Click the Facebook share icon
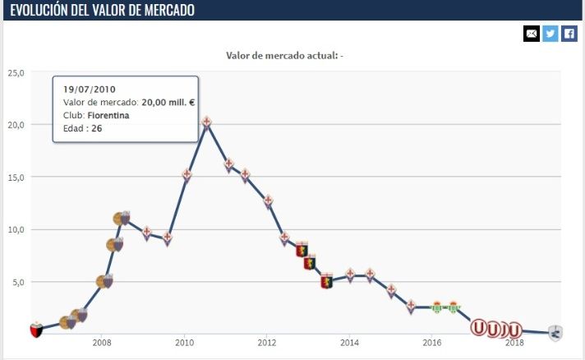coord(569,34)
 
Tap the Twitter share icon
coord(550,34)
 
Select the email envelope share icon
coord(532,34)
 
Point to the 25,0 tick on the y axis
coord(16,72)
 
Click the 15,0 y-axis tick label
coord(16,177)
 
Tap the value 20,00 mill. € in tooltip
coord(167,102)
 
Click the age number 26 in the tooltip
coord(97,128)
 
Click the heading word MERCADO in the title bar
coord(165,11)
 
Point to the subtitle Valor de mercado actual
coord(281,56)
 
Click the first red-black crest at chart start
coord(35,330)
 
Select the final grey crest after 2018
coord(555,333)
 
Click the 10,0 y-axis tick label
coord(16,229)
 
